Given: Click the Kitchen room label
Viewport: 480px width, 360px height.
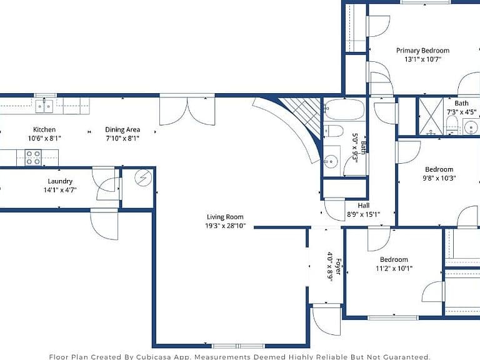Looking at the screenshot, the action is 44,129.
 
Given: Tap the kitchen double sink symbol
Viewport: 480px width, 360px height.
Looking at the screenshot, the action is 44,106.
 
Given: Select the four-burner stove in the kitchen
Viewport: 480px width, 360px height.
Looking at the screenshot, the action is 33,157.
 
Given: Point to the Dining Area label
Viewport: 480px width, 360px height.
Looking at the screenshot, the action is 122,130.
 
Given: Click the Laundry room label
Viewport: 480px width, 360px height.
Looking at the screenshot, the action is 60,181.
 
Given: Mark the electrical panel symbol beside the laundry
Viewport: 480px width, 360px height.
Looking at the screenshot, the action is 143,178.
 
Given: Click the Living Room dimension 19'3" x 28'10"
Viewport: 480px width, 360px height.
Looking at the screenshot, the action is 225,226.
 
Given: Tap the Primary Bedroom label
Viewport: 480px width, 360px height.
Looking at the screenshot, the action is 422,51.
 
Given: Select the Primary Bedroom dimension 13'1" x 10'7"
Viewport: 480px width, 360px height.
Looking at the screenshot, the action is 422,59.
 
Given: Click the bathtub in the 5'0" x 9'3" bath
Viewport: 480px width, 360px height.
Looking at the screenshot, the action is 344,109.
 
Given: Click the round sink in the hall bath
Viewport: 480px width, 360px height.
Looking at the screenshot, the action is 331,161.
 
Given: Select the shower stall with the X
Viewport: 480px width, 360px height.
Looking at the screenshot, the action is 431,116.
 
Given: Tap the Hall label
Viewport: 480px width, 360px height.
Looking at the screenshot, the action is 363,206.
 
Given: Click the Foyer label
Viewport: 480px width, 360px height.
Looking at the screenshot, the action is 338,266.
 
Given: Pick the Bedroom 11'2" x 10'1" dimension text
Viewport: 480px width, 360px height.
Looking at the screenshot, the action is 394,269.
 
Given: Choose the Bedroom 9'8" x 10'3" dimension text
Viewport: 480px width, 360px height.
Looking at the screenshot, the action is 439,178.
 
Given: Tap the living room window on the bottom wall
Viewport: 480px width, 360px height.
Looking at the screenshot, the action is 239,346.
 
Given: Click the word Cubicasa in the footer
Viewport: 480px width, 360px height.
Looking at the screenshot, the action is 152,357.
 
